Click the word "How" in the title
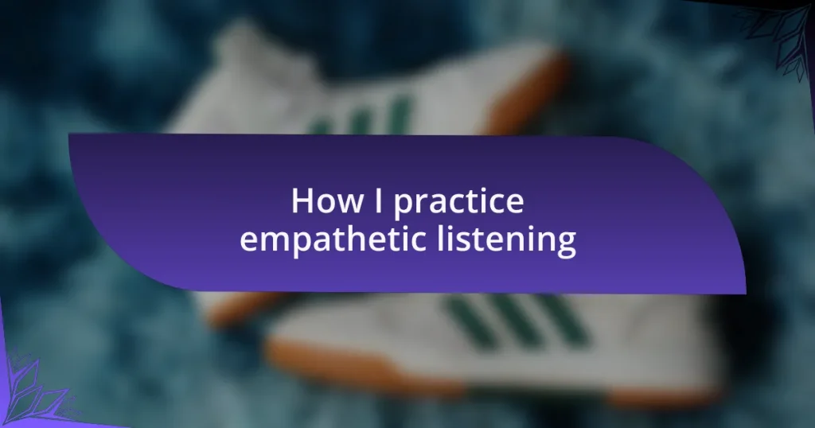click(x=327, y=200)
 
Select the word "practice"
click(x=458, y=203)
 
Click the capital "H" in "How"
click(x=302, y=200)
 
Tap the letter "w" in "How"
click(x=351, y=204)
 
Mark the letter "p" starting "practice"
click(x=403, y=208)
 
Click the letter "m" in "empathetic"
click(x=275, y=242)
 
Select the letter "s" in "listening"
click(x=462, y=242)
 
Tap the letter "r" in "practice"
click(x=423, y=204)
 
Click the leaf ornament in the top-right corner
click(x=780, y=39)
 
